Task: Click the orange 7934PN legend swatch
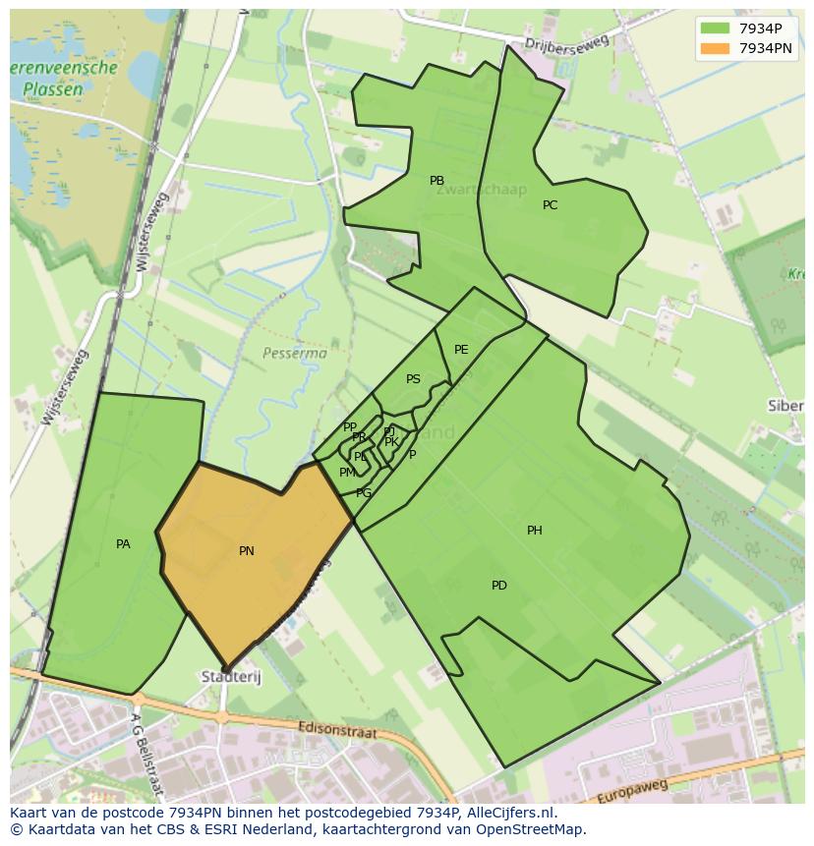pyautogui.click(x=716, y=47)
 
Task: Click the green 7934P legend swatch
pyautogui.click(x=716, y=28)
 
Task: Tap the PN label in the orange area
pyautogui.click(x=247, y=551)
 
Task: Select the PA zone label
pyautogui.click(x=123, y=544)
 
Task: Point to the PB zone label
pyautogui.click(x=436, y=181)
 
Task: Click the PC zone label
pyautogui.click(x=550, y=205)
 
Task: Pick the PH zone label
pyautogui.click(x=534, y=531)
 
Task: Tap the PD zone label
pyautogui.click(x=499, y=586)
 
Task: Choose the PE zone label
pyautogui.click(x=461, y=350)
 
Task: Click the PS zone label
pyautogui.click(x=413, y=379)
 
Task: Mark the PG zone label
pyautogui.click(x=364, y=493)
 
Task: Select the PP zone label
pyautogui.click(x=349, y=427)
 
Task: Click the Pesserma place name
pyautogui.click(x=295, y=352)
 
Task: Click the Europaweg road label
pyautogui.click(x=634, y=790)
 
